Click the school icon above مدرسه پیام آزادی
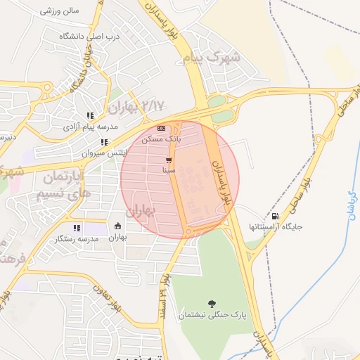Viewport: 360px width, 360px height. tap(90, 116)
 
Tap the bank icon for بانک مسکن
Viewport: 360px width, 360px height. tap(162, 128)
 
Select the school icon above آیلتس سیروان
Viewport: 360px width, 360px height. tap(105, 142)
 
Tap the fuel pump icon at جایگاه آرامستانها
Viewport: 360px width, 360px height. tap(274, 216)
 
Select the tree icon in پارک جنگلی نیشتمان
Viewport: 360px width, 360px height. tap(212, 303)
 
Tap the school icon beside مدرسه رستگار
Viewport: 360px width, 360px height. tap(77, 228)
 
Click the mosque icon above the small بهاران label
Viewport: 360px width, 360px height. tap(117, 226)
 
